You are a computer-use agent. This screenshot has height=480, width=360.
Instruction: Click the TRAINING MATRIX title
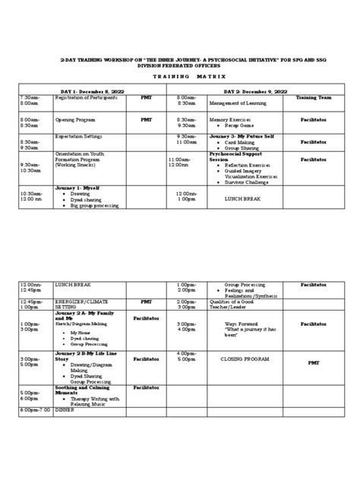(179, 78)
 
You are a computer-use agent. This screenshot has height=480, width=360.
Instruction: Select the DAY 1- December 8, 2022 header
(91, 91)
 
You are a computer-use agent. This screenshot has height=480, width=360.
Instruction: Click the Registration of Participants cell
(85, 98)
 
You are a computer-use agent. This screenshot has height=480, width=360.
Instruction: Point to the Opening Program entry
(75, 120)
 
